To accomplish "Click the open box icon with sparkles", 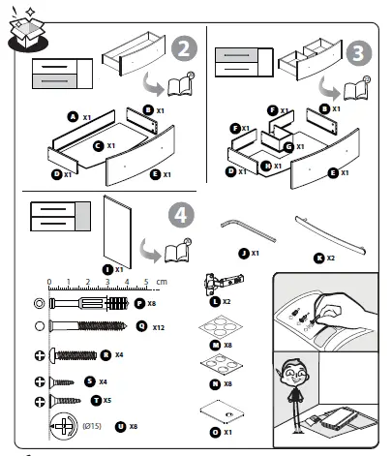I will [23, 30].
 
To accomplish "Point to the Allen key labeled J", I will [244, 231].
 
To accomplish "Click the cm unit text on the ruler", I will [162, 282].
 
